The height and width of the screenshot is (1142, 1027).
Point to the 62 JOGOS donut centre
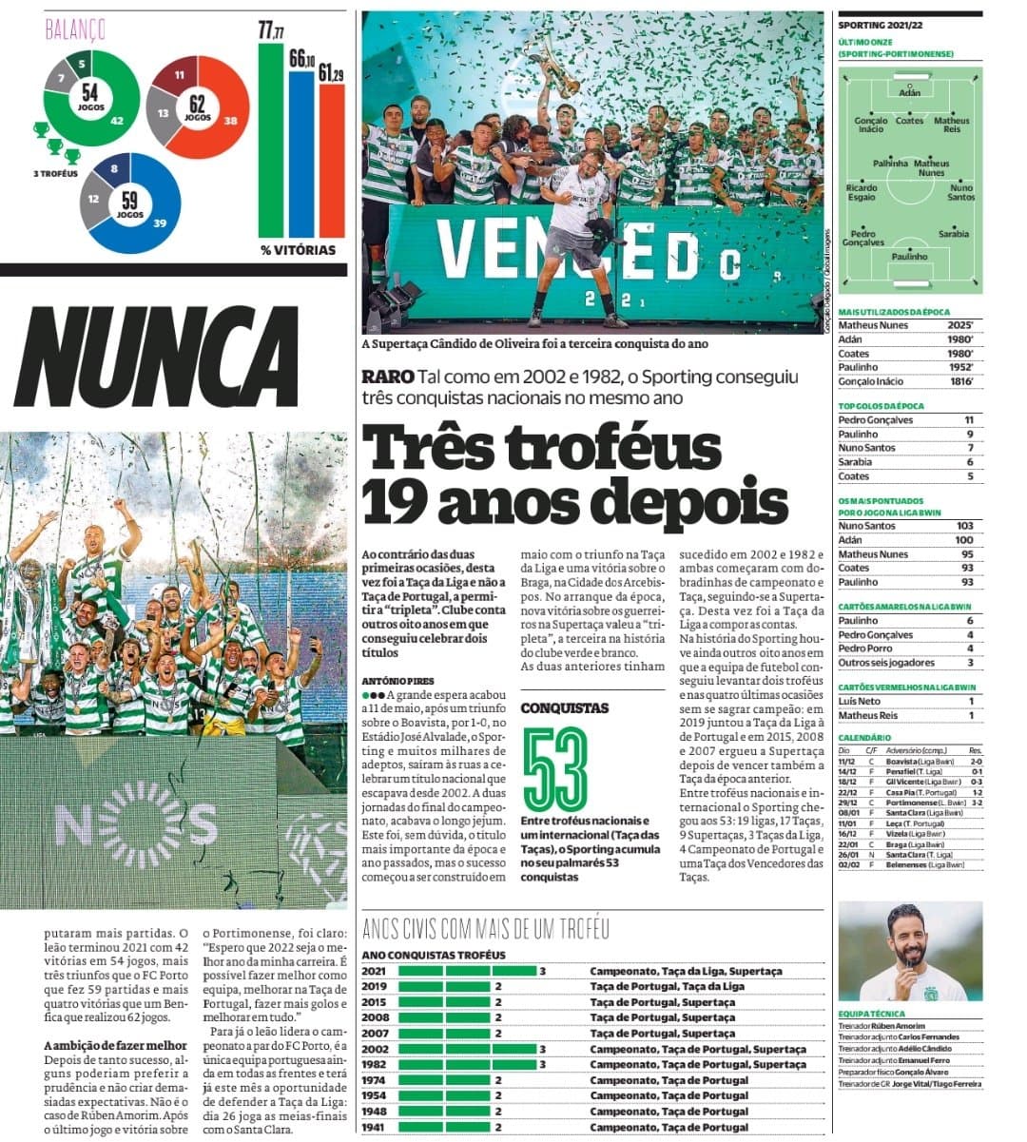(198, 107)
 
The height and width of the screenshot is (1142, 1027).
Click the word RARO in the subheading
(388, 377)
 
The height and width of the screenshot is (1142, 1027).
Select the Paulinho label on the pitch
(909, 257)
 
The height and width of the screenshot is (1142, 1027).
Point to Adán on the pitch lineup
(909, 92)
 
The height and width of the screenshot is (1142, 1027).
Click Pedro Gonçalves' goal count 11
(969, 419)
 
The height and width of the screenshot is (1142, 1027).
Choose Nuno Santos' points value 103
(965, 526)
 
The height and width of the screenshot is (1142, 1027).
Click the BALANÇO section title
(75, 29)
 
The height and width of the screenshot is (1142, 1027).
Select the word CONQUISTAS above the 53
(565, 708)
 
